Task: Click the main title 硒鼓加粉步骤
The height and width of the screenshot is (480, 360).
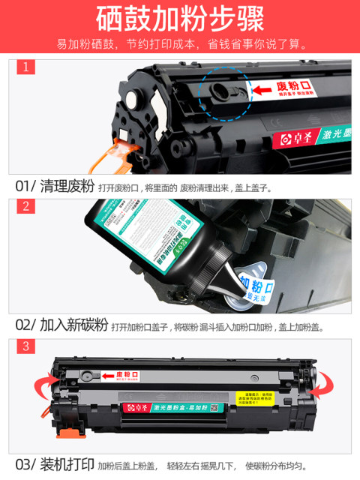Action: pyautogui.click(x=180, y=19)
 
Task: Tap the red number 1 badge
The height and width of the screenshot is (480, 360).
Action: pyautogui.click(x=26, y=67)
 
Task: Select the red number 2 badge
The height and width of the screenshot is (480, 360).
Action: pyautogui.click(x=26, y=206)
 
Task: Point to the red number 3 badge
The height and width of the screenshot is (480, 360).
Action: pyautogui.click(x=26, y=346)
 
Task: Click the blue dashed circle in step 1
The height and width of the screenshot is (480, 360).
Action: pyautogui.click(x=221, y=94)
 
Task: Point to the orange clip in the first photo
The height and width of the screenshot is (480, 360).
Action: pyautogui.click(x=118, y=155)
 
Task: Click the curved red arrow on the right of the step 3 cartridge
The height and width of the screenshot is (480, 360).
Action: pyautogui.click(x=322, y=388)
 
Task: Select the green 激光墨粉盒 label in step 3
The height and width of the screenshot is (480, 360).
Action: pyautogui.click(x=187, y=407)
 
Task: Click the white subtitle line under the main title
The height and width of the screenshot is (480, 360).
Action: pyautogui.click(x=180, y=43)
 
